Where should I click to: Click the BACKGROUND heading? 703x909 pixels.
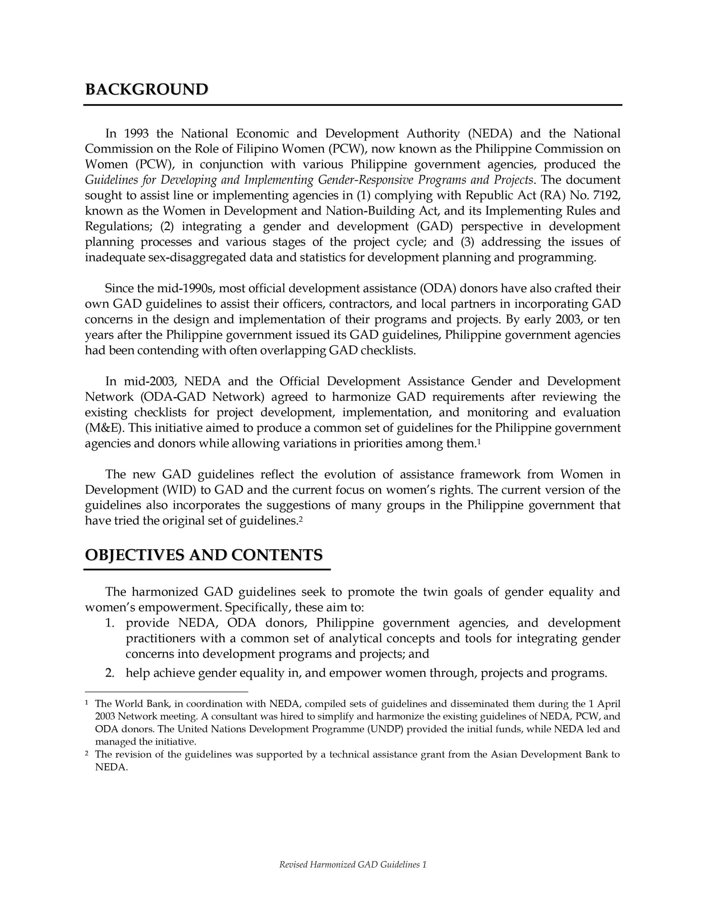147,90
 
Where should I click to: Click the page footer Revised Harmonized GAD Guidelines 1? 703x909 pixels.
352,865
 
